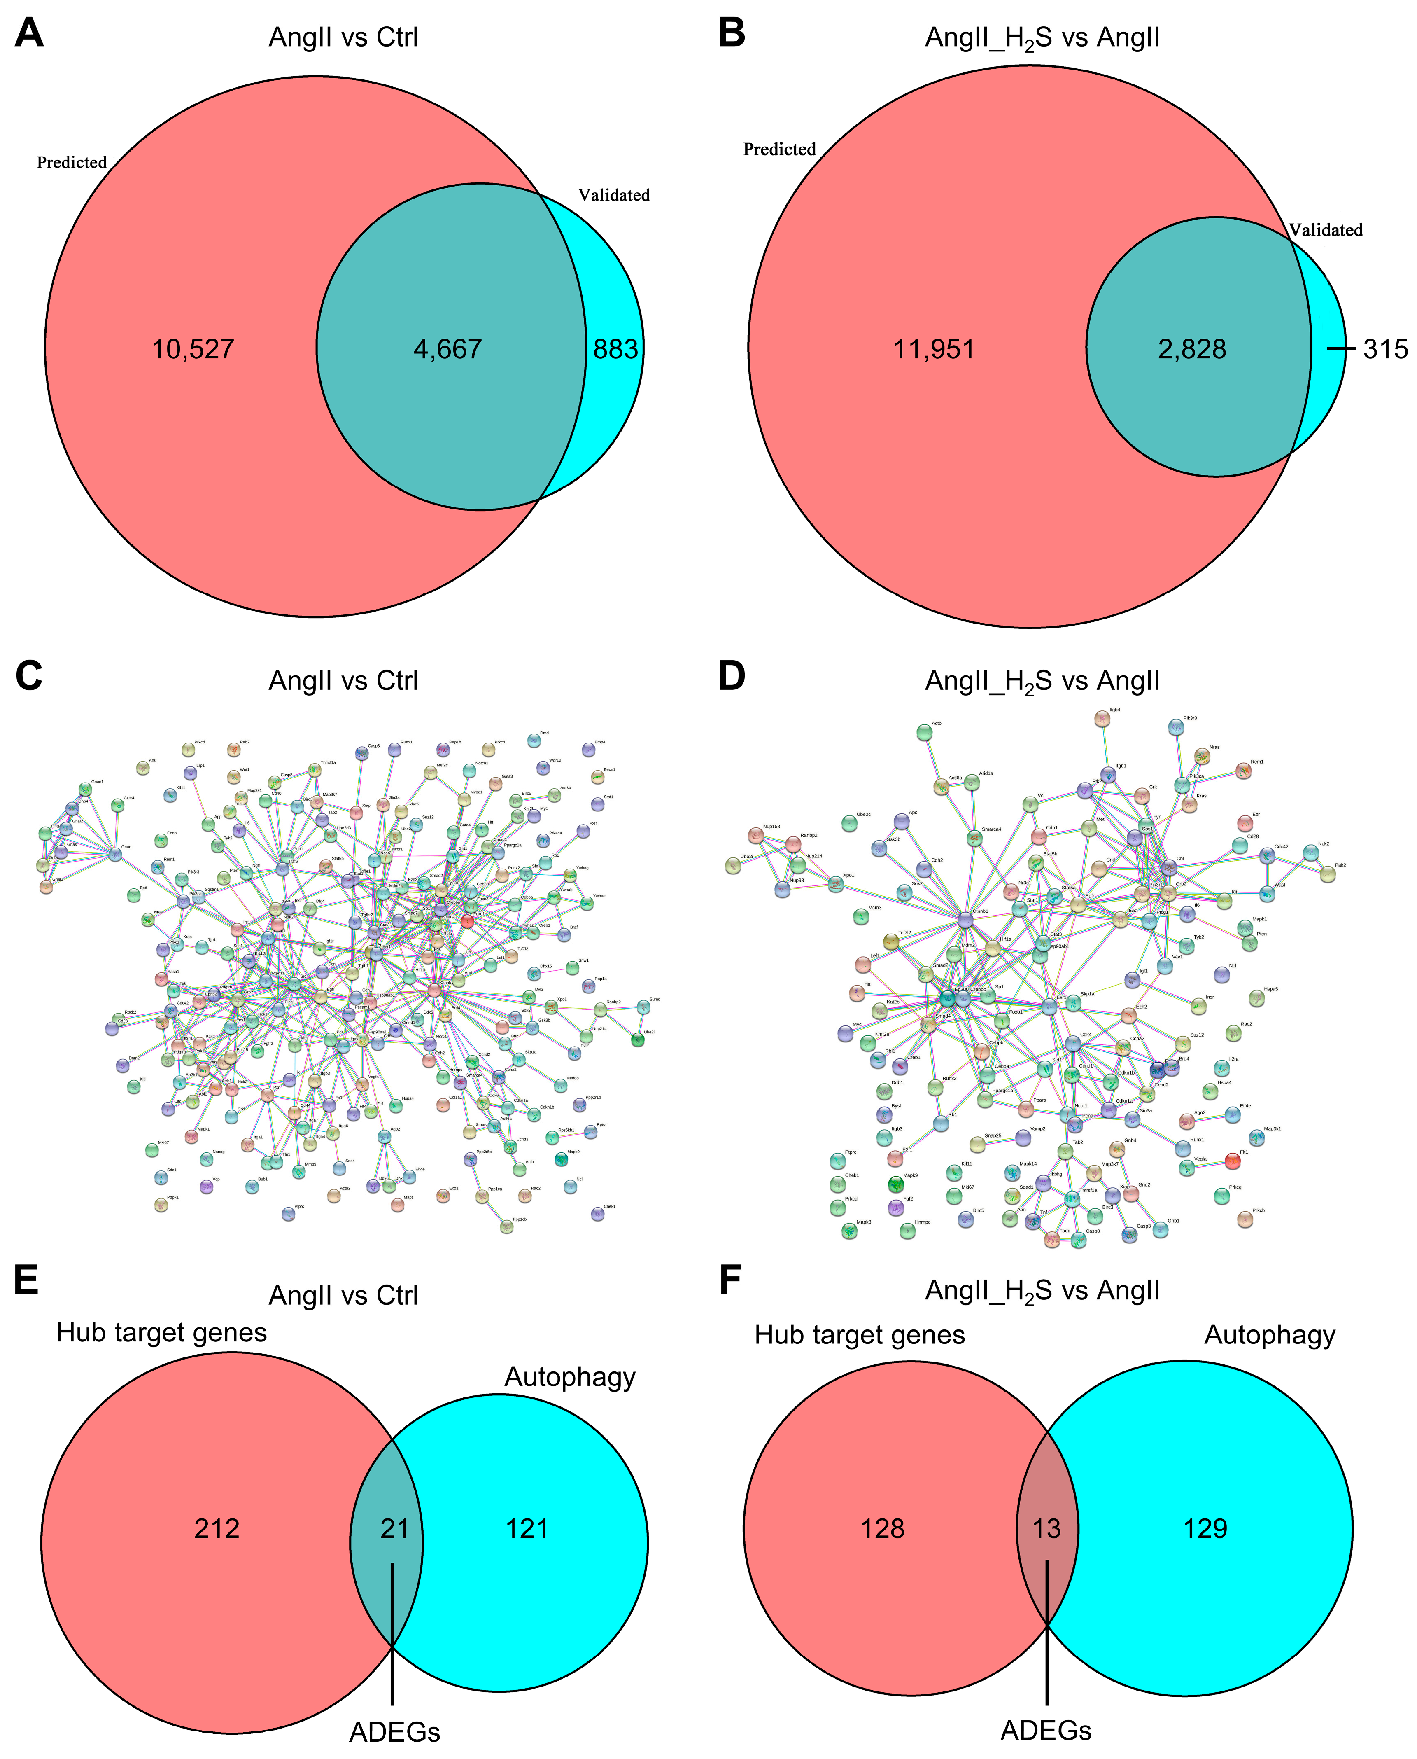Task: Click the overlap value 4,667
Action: [447, 350]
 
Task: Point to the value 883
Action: [615, 350]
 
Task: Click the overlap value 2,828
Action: [1192, 350]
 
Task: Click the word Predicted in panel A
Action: [72, 163]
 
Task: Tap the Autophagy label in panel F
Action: [1270, 1334]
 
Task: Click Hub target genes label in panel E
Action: [162, 1332]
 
